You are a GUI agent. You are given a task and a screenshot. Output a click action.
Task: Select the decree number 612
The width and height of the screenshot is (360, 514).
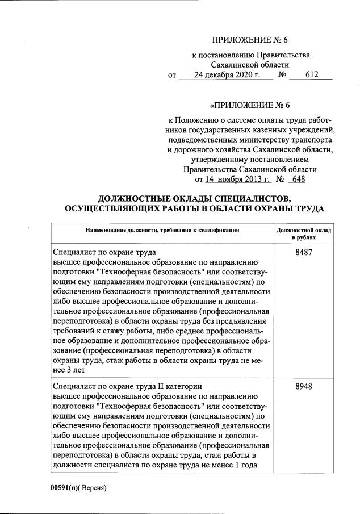click(311, 74)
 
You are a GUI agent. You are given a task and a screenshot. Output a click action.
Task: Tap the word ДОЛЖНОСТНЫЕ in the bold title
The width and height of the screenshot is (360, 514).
click(140, 198)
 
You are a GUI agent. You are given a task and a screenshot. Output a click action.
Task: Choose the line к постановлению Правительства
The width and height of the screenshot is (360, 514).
click(250, 55)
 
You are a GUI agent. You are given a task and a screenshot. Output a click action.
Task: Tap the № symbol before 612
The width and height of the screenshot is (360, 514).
click(281, 74)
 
